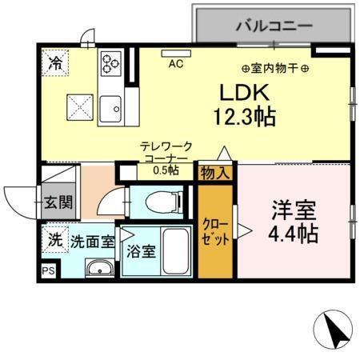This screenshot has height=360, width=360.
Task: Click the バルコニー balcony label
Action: point(273,26)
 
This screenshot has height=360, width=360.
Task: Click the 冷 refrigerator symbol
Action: point(55,62)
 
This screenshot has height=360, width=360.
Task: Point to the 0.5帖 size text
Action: point(166,170)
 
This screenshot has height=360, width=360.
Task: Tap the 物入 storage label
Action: point(214,172)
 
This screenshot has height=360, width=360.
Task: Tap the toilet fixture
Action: point(159,201)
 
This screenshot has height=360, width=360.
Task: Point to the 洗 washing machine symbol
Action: point(54,238)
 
